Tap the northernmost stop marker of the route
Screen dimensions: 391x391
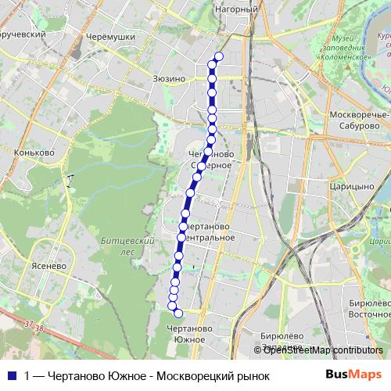(x=218, y=56)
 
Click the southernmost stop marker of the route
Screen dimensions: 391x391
(x=178, y=313)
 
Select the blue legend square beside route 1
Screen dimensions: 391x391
(x=12, y=375)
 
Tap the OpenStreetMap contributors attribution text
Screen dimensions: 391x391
(x=323, y=350)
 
